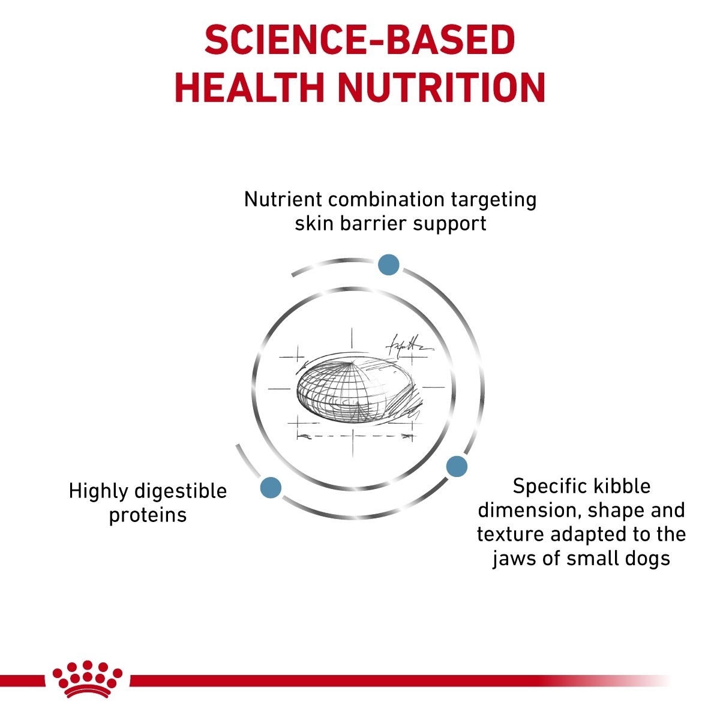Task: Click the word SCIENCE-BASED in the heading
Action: point(359,40)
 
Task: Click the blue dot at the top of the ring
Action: point(389,265)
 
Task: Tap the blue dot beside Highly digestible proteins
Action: point(271,487)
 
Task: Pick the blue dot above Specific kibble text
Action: point(457,466)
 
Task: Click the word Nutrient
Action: point(283,199)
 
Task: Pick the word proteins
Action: point(148,516)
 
